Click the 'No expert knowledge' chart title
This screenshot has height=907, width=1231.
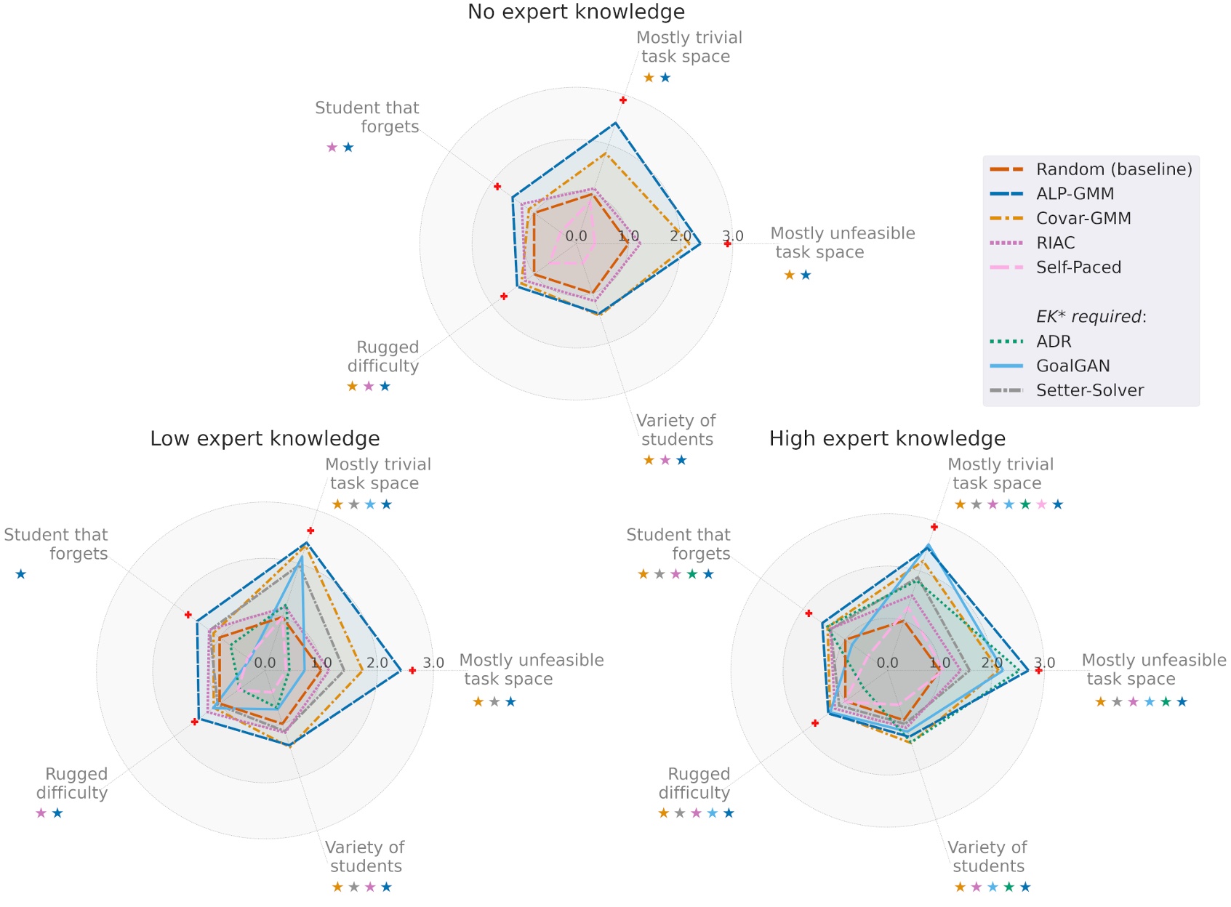576,12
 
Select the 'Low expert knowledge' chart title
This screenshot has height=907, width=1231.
265,439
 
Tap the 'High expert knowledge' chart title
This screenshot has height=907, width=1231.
887,439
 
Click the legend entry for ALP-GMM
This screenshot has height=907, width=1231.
1075,194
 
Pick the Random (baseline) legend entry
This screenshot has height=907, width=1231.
1114,169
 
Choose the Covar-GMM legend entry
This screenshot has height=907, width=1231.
1083,219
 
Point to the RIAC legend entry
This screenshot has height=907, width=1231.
1055,243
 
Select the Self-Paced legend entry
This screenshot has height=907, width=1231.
1078,267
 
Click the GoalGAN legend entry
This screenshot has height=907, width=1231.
1072,366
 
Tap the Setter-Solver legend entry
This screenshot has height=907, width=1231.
1089,391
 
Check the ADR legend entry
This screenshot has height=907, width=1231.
1054,342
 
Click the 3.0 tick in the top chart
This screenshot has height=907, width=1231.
733,236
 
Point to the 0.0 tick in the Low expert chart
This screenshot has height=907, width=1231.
265,663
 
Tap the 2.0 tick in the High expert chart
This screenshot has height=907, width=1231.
992,663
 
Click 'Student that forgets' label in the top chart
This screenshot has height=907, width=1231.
367,117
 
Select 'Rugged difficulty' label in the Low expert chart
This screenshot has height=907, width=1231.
73,783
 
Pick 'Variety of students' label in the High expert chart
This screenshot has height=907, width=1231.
987,857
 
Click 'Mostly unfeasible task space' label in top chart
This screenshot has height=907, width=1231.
842,243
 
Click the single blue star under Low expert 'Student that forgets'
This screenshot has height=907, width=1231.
21,575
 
